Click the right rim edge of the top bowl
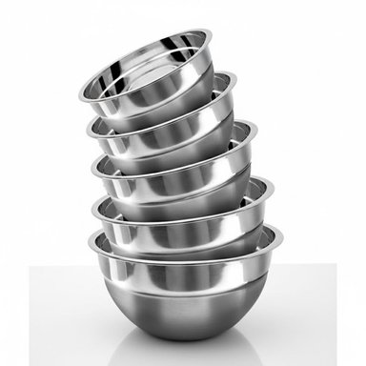[211, 36]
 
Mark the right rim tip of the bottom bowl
[282, 232]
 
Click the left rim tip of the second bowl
[88, 127]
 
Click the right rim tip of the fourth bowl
[273, 184]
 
